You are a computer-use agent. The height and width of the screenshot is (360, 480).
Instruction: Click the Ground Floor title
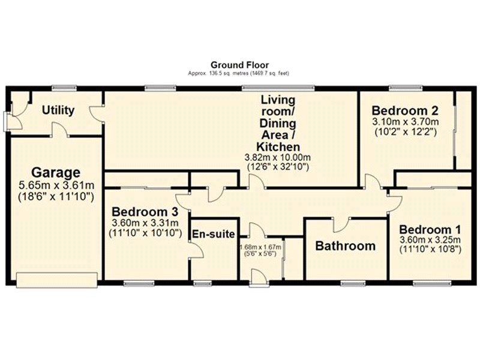click(x=239, y=65)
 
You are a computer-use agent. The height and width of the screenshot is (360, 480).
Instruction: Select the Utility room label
click(x=58, y=110)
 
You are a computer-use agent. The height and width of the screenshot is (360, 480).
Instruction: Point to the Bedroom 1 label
click(x=430, y=230)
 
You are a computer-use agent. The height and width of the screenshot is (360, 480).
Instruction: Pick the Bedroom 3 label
click(x=146, y=212)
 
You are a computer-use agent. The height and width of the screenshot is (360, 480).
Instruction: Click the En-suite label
click(x=212, y=234)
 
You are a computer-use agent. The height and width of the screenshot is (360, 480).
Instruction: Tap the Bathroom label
click(x=346, y=245)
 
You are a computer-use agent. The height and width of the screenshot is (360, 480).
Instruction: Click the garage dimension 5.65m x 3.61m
click(x=55, y=185)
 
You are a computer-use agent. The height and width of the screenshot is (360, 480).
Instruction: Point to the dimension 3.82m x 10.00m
click(x=278, y=157)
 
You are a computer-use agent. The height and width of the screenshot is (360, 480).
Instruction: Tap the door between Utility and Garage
click(x=57, y=129)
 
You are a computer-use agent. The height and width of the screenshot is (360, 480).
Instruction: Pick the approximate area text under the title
click(x=239, y=73)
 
